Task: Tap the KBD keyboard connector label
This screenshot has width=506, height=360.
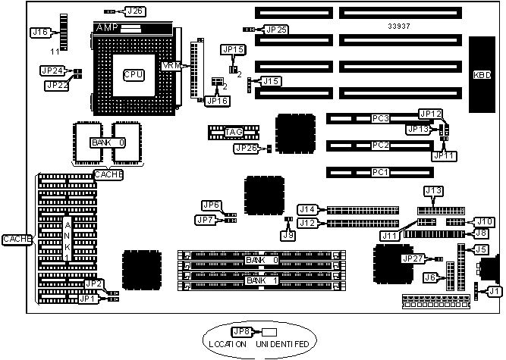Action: pyautogui.click(x=482, y=75)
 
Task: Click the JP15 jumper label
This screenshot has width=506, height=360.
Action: pyautogui.click(x=233, y=49)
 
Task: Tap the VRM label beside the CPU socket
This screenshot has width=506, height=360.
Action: pyautogui.click(x=172, y=66)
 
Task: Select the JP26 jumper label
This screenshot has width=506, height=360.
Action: pyautogui.click(x=246, y=148)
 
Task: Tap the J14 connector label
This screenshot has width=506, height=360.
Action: pyautogui.click(x=307, y=209)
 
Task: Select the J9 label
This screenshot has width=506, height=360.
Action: pyautogui.click(x=288, y=235)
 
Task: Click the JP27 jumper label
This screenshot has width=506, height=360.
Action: pyautogui.click(x=413, y=258)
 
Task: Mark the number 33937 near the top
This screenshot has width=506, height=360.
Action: pyautogui.click(x=399, y=25)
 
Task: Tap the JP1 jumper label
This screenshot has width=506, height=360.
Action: pyautogui.click(x=88, y=299)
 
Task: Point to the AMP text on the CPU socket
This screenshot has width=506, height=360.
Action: pyautogui.click(x=108, y=27)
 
